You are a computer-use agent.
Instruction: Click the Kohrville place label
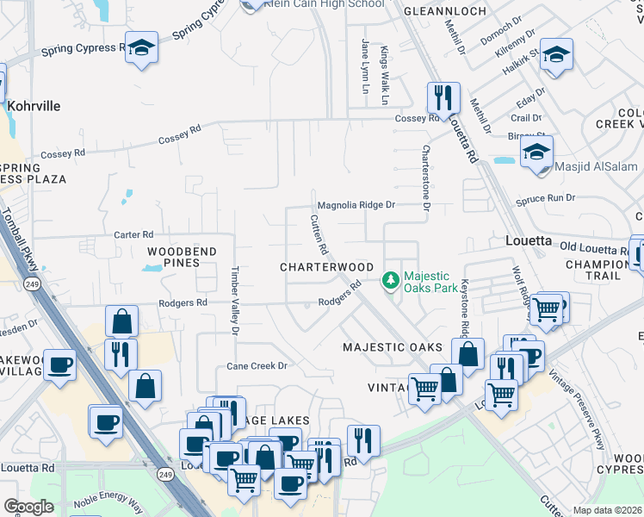click(x=34, y=106)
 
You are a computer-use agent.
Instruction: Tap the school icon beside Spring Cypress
click(x=139, y=48)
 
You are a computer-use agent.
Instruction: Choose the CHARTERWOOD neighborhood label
click(x=326, y=267)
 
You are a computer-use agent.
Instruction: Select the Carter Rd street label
click(x=133, y=234)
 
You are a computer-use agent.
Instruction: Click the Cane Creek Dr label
click(x=256, y=365)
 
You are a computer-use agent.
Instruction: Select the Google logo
click(x=28, y=507)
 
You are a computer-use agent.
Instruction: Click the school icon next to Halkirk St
click(x=557, y=54)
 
